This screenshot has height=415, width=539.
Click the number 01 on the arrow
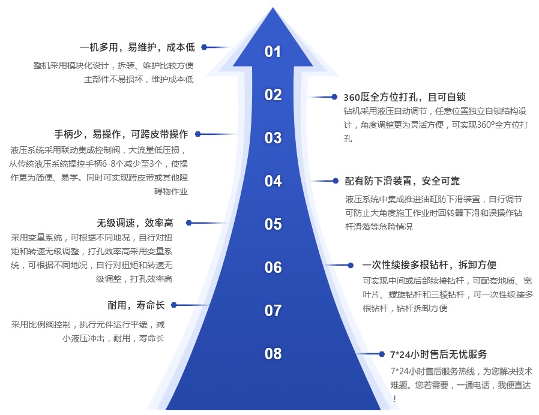pos(273,52)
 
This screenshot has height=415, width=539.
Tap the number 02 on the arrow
pos(273,95)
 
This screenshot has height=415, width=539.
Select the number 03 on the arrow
pos(273,138)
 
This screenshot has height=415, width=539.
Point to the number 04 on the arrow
pos(273,181)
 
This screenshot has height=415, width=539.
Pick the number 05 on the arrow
pos(273,224)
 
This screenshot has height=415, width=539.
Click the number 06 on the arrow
pos(273,267)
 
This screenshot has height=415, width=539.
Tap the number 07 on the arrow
pos(273,311)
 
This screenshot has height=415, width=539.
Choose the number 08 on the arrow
pos(273,354)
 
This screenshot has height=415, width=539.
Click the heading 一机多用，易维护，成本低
pos(137,47)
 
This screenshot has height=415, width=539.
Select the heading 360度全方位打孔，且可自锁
pos(405,97)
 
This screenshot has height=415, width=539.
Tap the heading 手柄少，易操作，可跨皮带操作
pos(121,134)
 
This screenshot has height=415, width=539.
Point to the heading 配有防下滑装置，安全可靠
pos(402,181)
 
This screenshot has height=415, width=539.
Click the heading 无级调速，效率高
pos(134,223)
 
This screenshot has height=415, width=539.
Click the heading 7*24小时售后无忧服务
pos(438,354)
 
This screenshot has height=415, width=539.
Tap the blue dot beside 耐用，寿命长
pos(174,305)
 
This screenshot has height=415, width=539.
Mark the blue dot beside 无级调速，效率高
pos(188,222)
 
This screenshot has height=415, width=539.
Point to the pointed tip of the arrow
pos(273,9)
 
